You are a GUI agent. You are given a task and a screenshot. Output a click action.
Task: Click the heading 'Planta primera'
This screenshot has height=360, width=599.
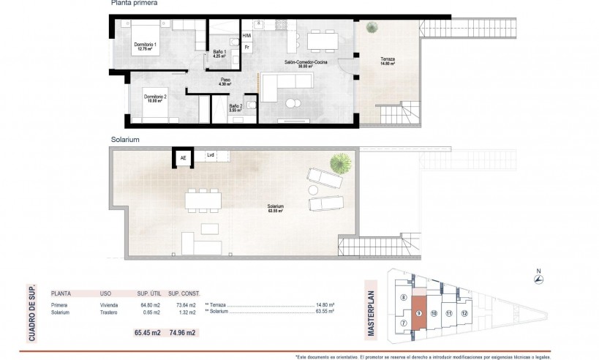(x=134, y=4)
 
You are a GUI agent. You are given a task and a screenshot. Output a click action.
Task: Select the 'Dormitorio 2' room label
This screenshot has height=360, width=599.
(x=156, y=97)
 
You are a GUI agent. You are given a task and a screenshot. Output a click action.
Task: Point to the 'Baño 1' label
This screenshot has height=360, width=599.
(x=220, y=52)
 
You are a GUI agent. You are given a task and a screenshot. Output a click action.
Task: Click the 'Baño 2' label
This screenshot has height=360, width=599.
(x=236, y=106)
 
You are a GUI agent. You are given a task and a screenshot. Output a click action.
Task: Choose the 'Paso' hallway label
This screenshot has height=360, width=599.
(x=225, y=80)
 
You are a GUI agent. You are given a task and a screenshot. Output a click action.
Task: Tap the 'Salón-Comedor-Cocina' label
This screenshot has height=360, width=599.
(x=306, y=63)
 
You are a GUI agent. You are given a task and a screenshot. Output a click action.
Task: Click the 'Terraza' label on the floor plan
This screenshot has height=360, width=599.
(x=386, y=60)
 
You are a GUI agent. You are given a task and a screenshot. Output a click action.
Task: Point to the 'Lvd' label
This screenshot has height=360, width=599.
(x=211, y=155)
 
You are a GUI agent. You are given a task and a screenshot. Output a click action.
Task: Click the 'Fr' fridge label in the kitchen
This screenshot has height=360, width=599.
(x=247, y=48)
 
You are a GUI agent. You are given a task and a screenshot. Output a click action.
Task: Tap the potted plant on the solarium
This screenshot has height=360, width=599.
(x=339, y=162)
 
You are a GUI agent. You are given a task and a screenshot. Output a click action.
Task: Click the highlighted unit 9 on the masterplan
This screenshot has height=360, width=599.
(x=418, y=312)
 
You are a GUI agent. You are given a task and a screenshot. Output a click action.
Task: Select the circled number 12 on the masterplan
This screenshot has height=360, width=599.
(x=464, y=312)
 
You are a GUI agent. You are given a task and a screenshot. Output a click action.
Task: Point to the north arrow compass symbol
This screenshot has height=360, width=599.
(x=538, y=278)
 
